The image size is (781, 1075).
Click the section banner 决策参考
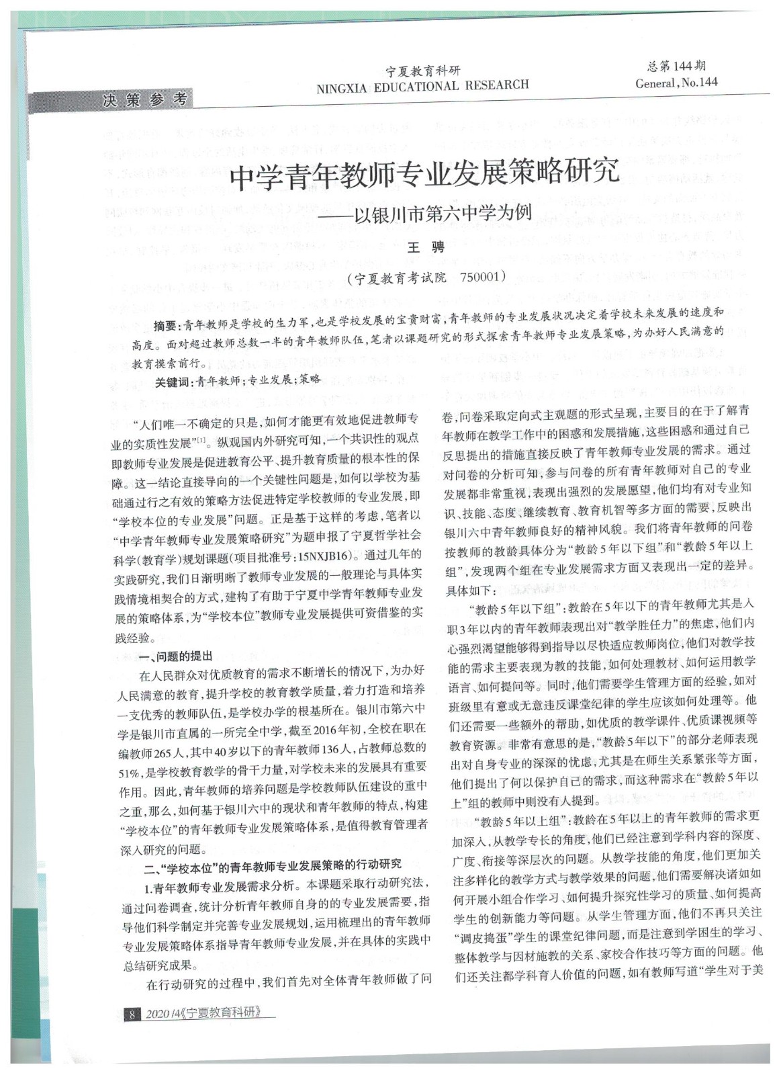(x=144, y=100)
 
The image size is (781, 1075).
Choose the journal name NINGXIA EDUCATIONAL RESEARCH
(x=422, y=85)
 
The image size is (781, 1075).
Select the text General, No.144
(x=676, y=83)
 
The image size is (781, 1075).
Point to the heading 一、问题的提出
(x=178, y=656)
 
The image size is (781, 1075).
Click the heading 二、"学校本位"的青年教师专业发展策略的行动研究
(x=273, y=864)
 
